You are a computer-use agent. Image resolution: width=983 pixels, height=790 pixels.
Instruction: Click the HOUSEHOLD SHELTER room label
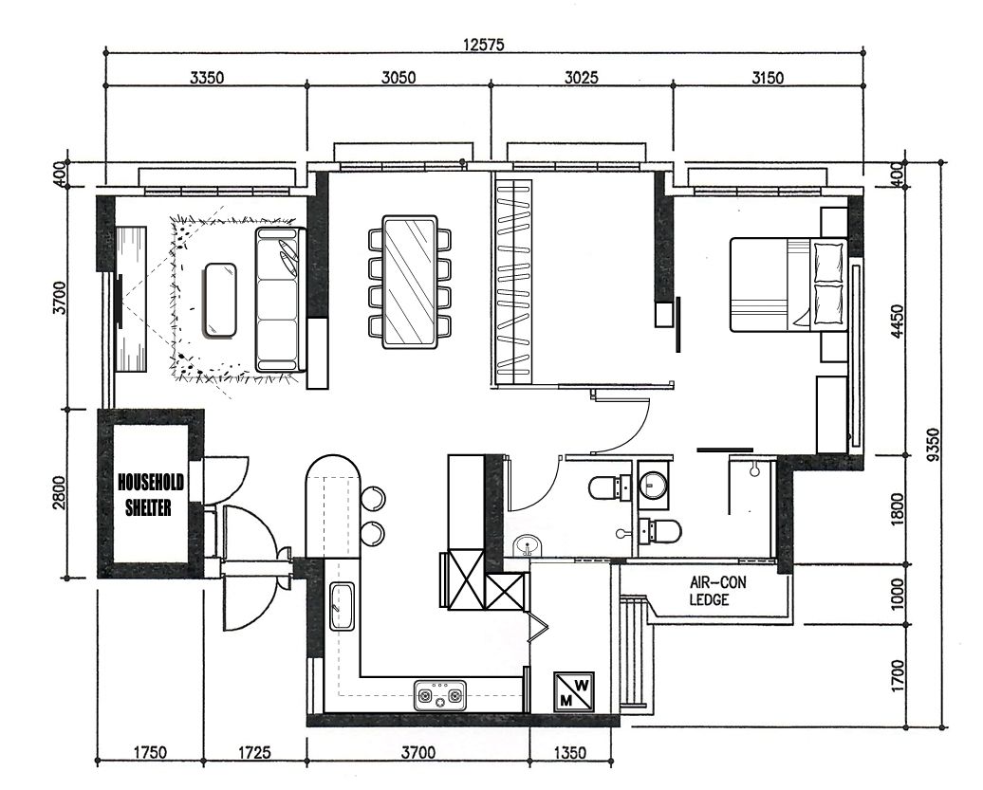click(150, 495)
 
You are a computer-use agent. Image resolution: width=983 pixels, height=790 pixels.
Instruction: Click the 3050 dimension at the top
click(399, 79)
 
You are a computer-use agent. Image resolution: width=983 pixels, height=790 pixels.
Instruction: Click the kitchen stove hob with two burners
click(441, 698)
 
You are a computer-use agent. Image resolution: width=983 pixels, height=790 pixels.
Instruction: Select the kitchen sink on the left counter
click(341, 607)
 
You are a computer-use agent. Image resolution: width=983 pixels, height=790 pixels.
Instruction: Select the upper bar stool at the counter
click(373, 499)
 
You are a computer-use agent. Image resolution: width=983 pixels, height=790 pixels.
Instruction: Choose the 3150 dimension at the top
click(767, 79)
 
